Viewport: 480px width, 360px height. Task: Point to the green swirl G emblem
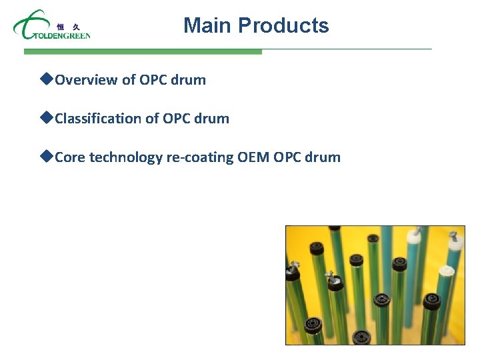tap(27, 25)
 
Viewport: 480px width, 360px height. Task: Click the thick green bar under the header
tap(143, 51)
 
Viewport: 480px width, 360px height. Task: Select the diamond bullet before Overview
tap(46, 79)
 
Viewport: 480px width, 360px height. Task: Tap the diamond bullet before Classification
tap(46, 118)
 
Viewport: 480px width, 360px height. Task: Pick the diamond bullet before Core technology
tap(46, 157)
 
